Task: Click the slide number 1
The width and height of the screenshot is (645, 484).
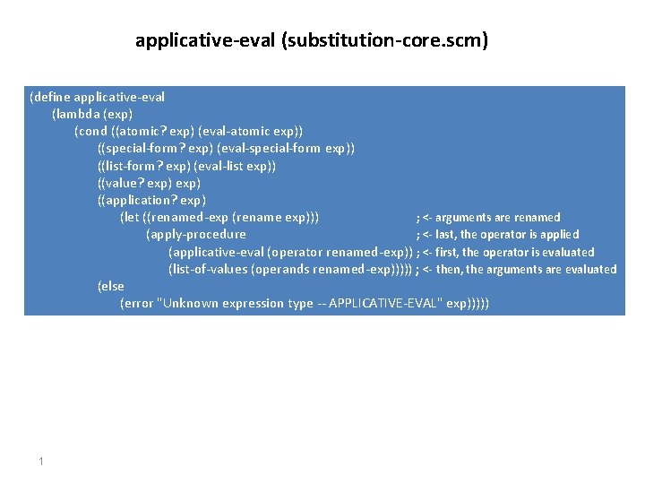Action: [x=41, y=461]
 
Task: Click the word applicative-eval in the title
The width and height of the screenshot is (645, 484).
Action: [x=205, y=40]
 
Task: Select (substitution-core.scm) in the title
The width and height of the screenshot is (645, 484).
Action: [x=385, y=40]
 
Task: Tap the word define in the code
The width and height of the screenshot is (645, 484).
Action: [x=53, y=97]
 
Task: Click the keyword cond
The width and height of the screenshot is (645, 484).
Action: [x=92, y=131]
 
